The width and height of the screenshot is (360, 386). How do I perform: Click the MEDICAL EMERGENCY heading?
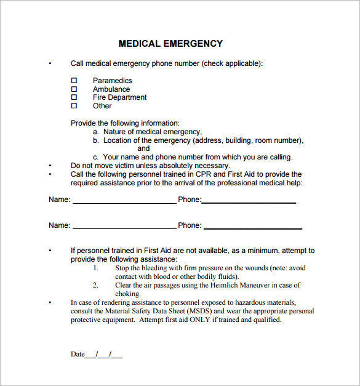pyautogui.click(x=170, y=44)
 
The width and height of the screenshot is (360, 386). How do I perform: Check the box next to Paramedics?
pyautogui.click(x=74, y=81)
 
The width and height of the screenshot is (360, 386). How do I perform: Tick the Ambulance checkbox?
pyautogui.click(x=74, y=89)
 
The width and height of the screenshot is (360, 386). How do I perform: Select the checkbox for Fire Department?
pyautogui.click(x=74, y=97)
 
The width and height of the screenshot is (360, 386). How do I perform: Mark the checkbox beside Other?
pyautogui.click(x=74, y=106)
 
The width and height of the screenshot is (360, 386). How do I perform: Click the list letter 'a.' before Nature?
pyautogui.click(x=96, y=132)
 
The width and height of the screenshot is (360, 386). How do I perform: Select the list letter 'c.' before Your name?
pyautogui.click(x=96, y=157)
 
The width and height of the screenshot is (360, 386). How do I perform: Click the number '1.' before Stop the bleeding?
pyautogui.click(x=95, y=268)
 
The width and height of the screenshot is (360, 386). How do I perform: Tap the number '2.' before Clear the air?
pyautogui.click(x=95, y=286)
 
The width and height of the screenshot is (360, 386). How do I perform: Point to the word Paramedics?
pyautogui.click(x=112, y=81)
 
